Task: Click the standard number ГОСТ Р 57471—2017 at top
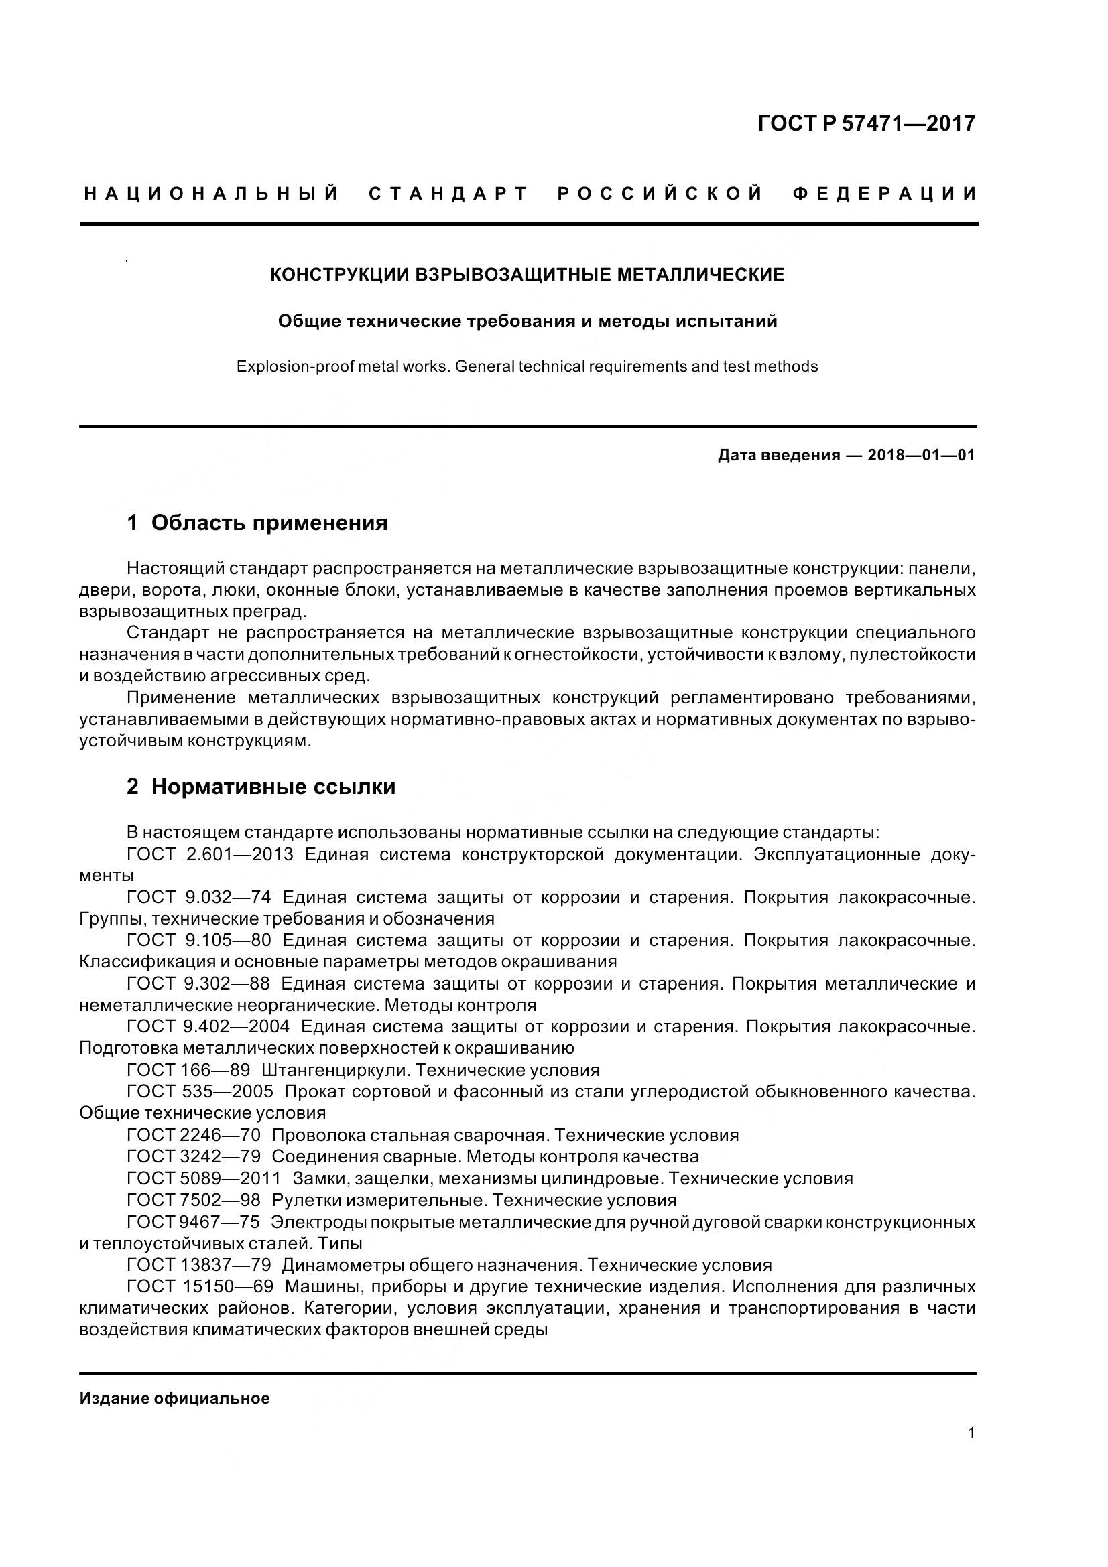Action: [x=866, y=123]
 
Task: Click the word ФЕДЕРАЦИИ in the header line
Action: [x=885, y=194]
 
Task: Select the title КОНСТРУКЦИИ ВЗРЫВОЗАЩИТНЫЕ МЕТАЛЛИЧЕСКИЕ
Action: [x=527, y=275]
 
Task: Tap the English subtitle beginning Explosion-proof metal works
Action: [x=527, y=367]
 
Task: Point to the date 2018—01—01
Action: [x=921, y=455]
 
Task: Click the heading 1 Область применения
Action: [x=257, y=523]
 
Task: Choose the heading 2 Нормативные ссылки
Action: [x=261, y=787]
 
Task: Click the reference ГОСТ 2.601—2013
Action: [x=210, y=854]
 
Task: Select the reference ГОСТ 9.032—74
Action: [x=198, y=898]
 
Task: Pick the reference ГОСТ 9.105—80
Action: [x=198, y=941]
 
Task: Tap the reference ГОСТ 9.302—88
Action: [x=198, y=983]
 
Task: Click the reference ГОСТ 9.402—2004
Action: [x=208, y=1026]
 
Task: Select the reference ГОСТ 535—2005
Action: [x=200, y=1091]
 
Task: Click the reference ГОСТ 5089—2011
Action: [x=204, y=1178]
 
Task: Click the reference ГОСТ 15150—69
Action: [x=200, y=1286]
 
